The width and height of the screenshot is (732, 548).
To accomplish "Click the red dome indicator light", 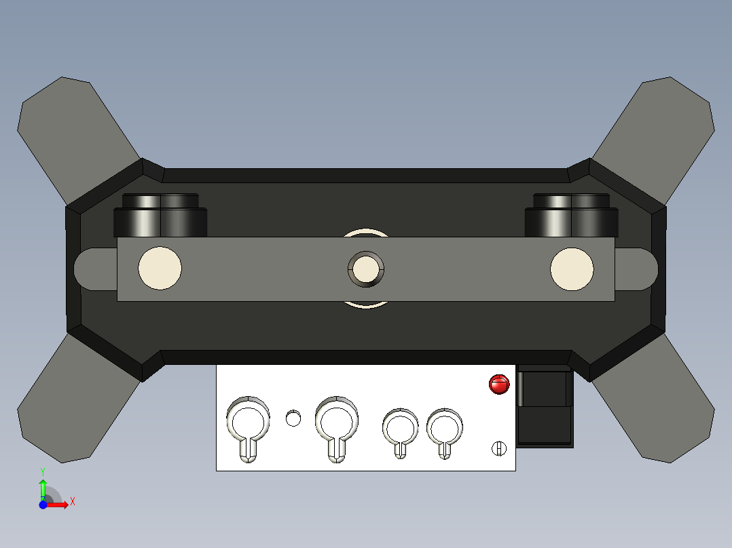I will click(499, 384).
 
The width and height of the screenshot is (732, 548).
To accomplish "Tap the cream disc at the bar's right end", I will click(571, 269).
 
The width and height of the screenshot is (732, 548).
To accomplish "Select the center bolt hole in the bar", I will click(366, 269).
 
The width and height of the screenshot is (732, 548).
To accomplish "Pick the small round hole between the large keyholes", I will click(293, 418).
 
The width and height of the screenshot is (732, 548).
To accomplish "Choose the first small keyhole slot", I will click(401, 429).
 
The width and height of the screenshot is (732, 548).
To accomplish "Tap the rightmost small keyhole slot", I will click(445, 429).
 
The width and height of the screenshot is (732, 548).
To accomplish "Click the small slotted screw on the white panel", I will click(499, 448).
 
